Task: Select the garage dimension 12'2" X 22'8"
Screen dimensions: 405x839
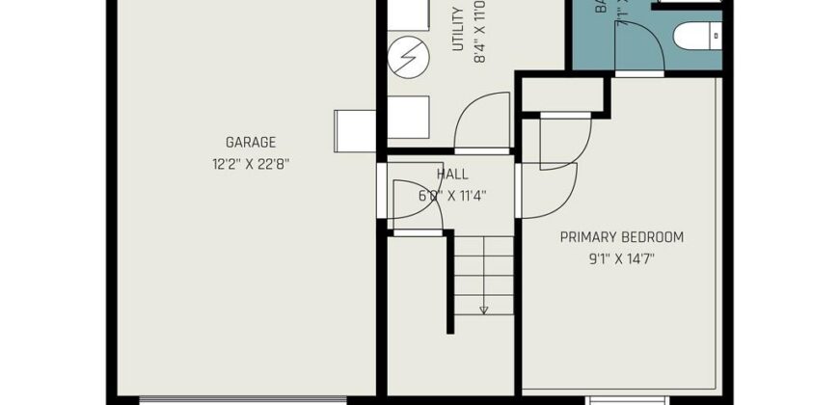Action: pyautogui.click(x=252, y=164)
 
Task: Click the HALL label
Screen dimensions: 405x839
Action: pyautogui.click(x=452, y=175)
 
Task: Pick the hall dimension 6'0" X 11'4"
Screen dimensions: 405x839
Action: pyautogui.click(x=452, y=196)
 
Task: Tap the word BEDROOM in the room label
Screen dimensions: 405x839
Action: pyautogui.click(x=654, y=237)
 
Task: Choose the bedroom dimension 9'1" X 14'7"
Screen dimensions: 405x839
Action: pyautogui.click(x=622, y=258)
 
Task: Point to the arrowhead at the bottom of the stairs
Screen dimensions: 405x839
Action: pyautogui.click(x=483, y=310)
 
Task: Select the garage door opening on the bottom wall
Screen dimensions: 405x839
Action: pyautogui.click(x=241, y=398)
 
